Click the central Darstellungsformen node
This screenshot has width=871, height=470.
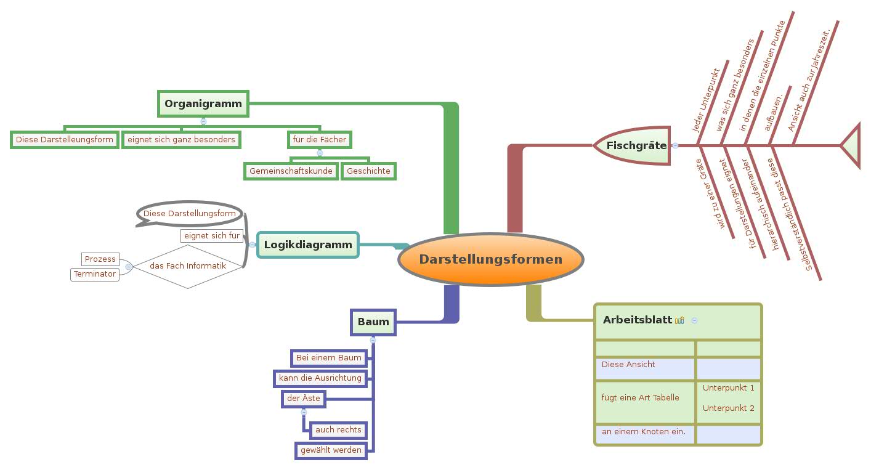[490, 259]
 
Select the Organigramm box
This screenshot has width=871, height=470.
[203, 103]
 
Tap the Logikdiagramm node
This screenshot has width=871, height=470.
[307, 245]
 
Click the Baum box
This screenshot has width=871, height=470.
[373, 322]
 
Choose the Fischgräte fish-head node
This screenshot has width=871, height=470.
[634, 145]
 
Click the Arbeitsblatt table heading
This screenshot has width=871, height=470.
[637, 320]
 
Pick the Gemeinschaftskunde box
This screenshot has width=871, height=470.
[291, 171]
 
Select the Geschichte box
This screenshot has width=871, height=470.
[368, 171]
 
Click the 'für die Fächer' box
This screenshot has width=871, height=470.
[319, 139]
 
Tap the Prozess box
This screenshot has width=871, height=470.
[100, 259]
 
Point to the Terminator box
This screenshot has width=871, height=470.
[95, 273]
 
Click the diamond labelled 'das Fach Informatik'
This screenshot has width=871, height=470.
[188, 266]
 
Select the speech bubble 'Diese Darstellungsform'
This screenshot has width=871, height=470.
[189, 213]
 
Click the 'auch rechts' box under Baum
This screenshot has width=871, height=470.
[338, 429]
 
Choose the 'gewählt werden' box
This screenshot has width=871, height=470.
[331, 450]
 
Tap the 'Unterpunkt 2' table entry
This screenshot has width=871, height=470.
[728, 408]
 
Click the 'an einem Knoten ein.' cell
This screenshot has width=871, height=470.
[644, 431]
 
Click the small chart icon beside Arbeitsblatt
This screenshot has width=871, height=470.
[679, 320]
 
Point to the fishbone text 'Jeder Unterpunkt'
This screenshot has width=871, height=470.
[707, 100]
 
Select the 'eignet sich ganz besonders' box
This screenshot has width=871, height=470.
[181, 139]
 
